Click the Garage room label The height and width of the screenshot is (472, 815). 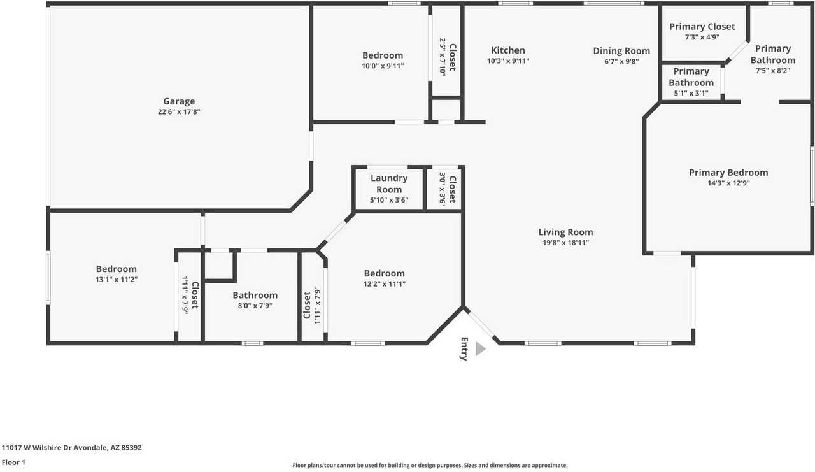179,101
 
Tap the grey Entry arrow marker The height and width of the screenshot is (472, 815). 480,349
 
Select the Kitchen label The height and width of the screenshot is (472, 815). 508,50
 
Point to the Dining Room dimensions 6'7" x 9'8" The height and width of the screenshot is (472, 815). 621,62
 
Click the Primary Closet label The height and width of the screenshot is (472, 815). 702,27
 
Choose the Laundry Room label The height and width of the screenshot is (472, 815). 389,183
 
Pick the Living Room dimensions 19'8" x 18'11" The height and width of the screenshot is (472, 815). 565,243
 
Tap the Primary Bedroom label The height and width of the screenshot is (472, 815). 728,173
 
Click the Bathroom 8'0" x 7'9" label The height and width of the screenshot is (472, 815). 255,295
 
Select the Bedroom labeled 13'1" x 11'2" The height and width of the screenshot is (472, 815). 117,269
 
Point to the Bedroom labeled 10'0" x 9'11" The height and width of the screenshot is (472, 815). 383,55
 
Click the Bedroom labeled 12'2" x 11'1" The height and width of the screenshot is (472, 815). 384,273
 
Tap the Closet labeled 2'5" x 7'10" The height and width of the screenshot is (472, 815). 452,57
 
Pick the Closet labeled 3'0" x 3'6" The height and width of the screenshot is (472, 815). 452,190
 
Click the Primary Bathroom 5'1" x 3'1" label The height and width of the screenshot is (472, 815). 691,77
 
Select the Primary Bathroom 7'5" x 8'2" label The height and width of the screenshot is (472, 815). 772,54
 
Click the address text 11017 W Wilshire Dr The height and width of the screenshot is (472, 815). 72,448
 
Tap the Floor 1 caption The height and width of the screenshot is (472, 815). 13,462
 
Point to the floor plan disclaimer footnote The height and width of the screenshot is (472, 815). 430,466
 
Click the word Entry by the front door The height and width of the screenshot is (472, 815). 464,348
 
